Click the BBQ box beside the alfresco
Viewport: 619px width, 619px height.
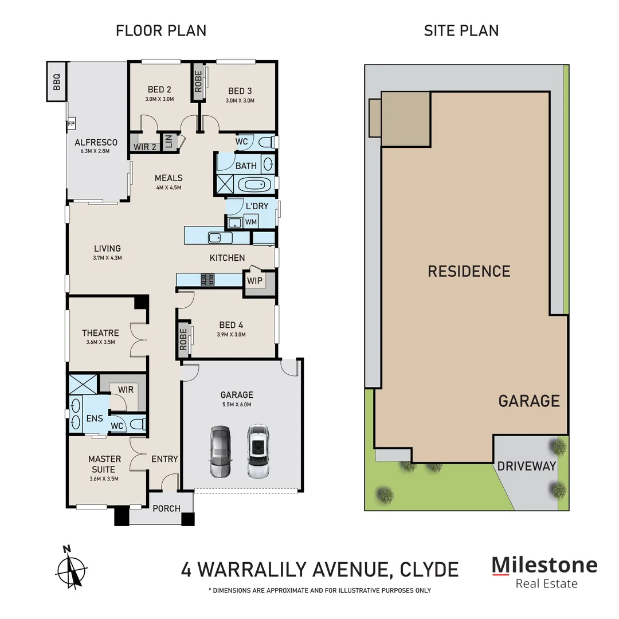coord(57,81)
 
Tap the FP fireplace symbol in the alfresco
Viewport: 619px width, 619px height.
coord(72,124)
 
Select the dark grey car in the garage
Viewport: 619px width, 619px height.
coord(220,452)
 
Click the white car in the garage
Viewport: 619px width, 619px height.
coord(258,452)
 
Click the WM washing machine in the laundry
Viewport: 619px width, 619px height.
coord(250,221)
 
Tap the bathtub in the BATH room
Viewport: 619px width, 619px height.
coord(253,185)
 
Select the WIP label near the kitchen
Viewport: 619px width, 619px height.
coord(254,281)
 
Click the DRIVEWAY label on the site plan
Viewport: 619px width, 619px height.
coord(526,466)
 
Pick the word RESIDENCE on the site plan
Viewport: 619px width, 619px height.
coord(469,271)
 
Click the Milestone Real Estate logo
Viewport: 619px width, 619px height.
coord(544,572)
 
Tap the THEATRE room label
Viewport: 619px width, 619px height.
coord(100,333)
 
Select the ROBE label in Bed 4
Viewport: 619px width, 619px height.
coord(183,339)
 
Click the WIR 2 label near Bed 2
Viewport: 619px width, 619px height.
coord(145,147)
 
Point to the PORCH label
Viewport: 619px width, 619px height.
coord(166,508)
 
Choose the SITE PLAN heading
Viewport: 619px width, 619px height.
coord(461,30)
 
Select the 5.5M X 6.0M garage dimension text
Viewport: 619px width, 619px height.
coord(237,405)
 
